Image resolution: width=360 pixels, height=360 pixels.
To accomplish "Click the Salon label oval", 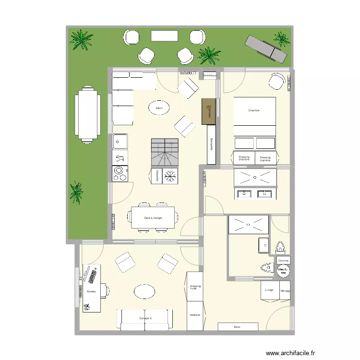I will (x=159, y=108).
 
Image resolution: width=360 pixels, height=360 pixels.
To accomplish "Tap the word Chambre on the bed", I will (x=254, y=111).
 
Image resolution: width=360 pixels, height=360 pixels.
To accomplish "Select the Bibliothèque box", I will (x=210, y=76).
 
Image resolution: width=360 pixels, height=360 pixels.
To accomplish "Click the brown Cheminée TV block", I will (x=208, y=111).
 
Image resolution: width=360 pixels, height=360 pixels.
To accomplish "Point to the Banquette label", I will (x=210, y=144).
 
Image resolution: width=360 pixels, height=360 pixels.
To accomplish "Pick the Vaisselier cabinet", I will (x=157, y=176).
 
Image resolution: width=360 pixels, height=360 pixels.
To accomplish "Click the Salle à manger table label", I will (x=153, y=218).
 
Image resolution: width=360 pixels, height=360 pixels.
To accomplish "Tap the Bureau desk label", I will (x=91, y=292).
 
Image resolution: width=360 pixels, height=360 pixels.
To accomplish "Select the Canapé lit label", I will (x=145, y=318).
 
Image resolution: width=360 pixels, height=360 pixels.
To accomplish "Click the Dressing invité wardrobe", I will (x=195, y=287).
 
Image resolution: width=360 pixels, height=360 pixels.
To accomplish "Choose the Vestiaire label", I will (x=195, y=315).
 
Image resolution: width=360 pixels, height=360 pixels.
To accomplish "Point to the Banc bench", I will (x=238, y=327).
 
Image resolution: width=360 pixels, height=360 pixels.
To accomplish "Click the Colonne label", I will (x=283, y=261).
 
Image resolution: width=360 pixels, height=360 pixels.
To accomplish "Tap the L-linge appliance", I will (x=270, y=290).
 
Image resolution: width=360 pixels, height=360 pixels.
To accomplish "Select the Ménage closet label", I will (x=286, y=290).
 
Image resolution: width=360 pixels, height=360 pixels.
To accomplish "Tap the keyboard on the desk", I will (x=91, y=276).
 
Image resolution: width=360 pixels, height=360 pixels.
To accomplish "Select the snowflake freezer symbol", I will (x=169, y=176).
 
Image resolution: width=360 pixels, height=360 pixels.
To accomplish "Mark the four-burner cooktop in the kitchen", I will (x=120, y=173).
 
